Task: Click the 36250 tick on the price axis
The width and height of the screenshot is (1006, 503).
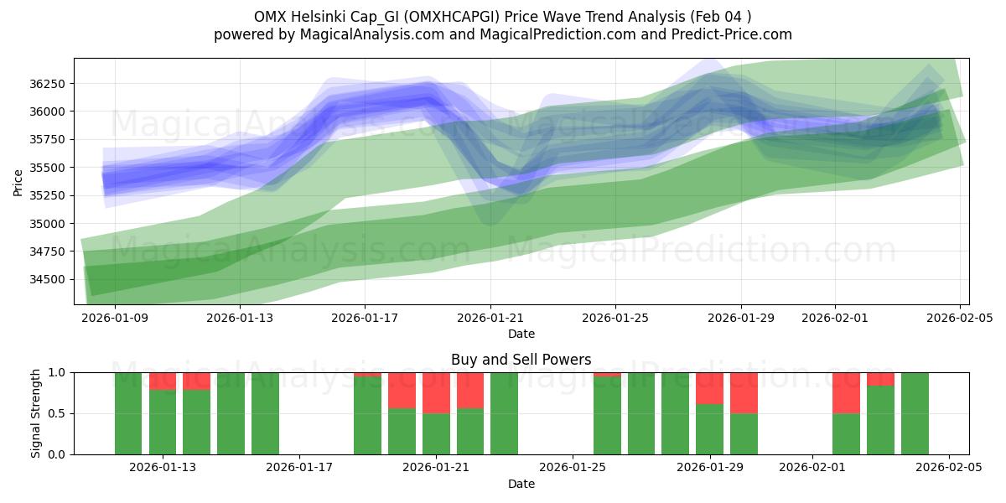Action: point(50,84)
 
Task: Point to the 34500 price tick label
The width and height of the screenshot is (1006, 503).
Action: point(50,279)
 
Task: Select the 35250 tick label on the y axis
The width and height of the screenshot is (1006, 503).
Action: point(50,195)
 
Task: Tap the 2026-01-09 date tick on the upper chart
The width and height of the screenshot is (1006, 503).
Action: point(115,318)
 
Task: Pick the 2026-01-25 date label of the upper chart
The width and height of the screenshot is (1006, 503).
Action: point(615,318)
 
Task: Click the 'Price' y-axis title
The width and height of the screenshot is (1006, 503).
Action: point(18,181)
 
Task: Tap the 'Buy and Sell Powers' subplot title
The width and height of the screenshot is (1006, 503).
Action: point(521,360)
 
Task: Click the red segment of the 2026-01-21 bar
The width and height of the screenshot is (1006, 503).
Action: point(436,392)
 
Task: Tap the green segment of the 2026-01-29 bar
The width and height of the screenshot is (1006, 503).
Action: point(709,429)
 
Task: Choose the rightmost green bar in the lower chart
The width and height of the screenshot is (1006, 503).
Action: point(915,413)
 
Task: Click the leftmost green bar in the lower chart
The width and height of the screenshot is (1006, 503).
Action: point(128,413)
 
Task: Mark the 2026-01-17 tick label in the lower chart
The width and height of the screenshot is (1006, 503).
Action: point(299,467)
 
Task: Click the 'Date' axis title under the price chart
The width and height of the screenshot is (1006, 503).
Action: point(521,334)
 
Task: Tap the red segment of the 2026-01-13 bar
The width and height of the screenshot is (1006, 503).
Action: point(163,381)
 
